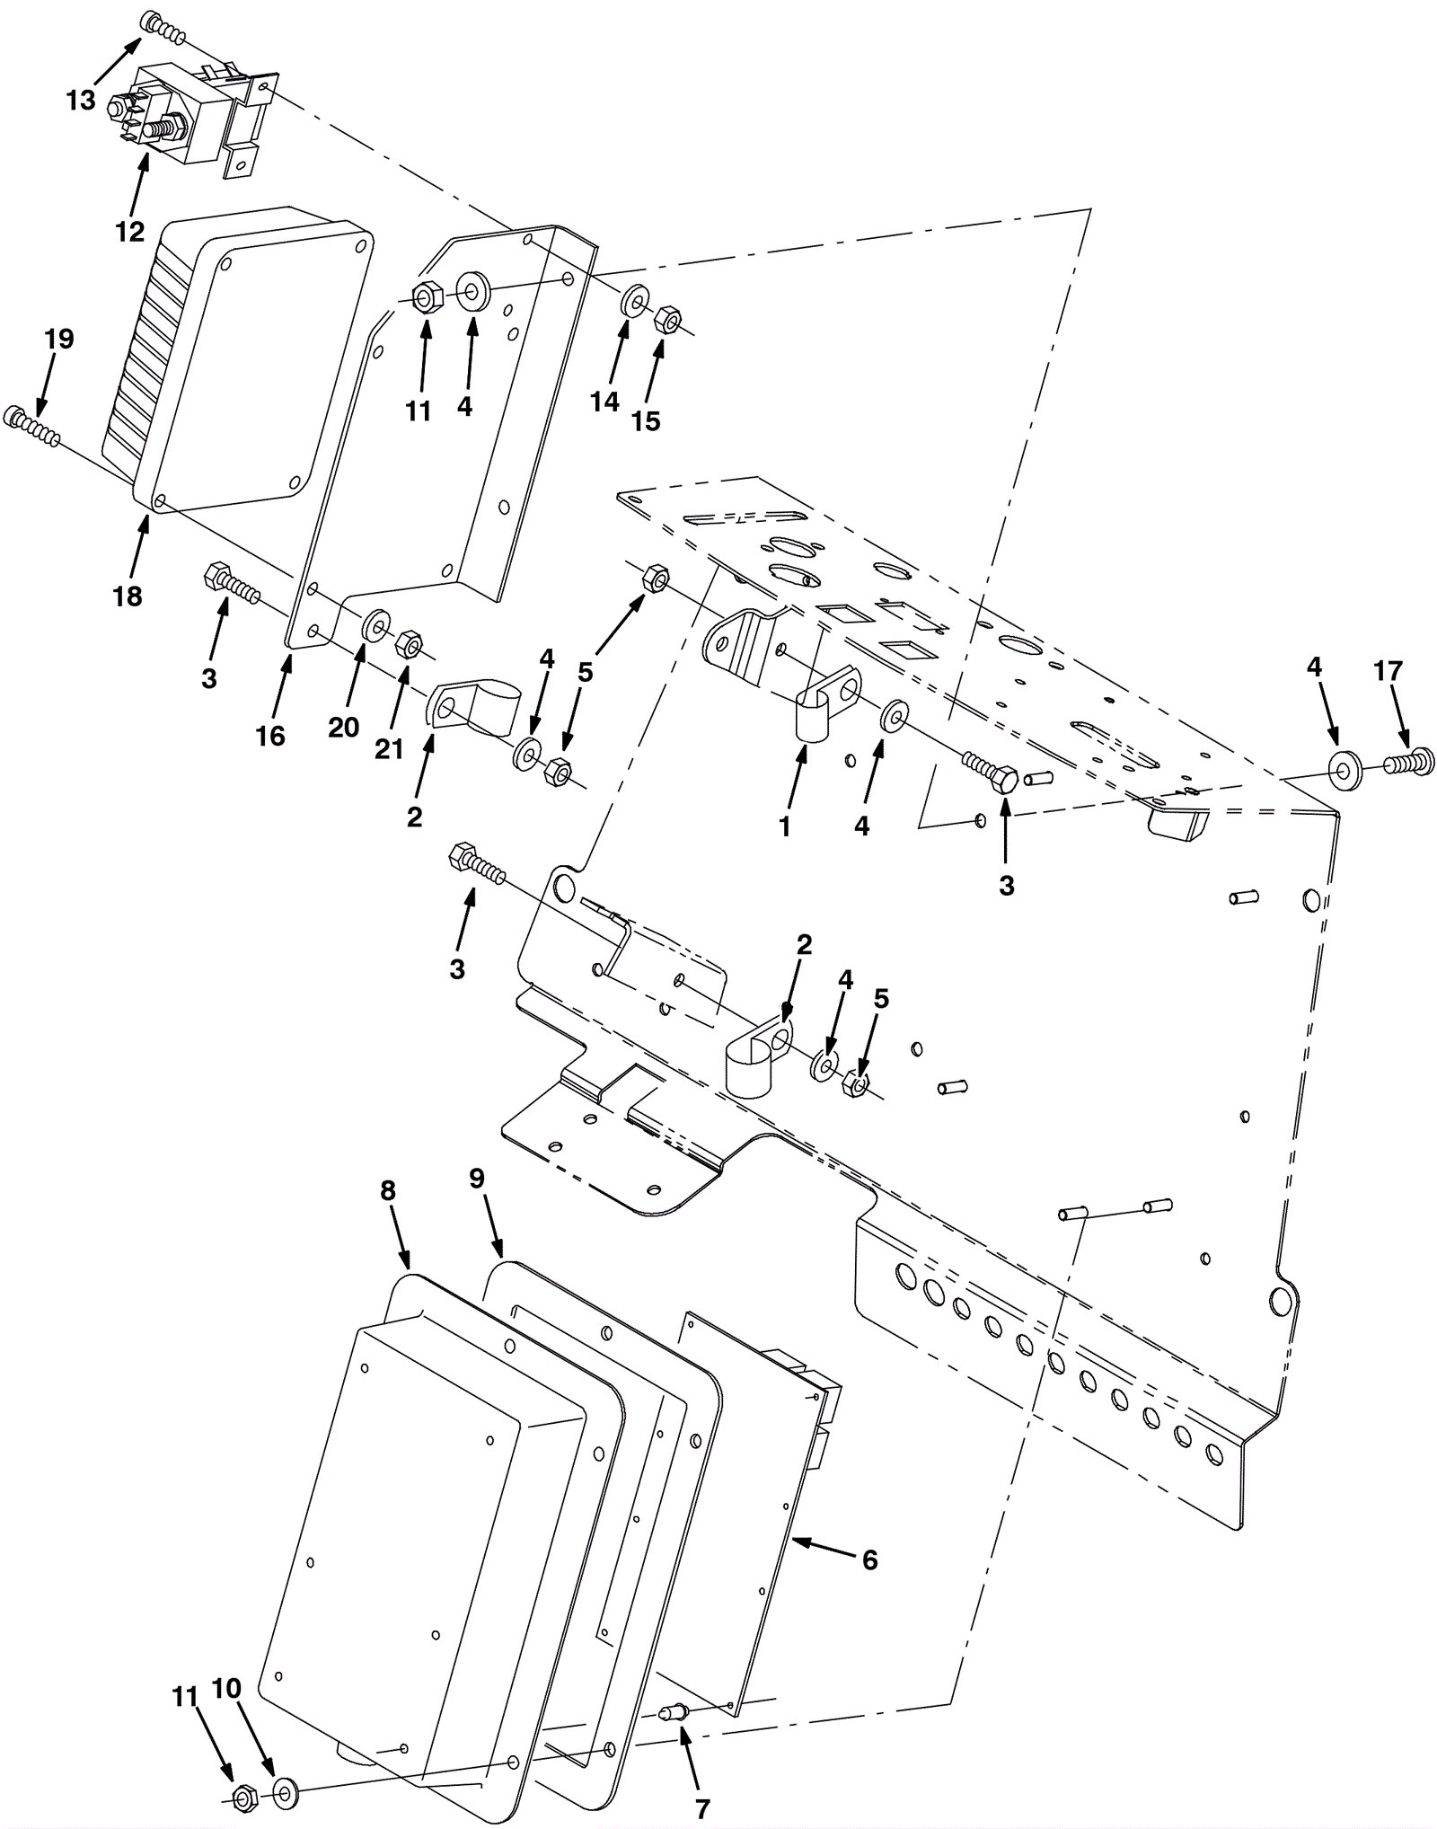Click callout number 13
[x=81, y=100]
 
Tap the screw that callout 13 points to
[x=164, y=30]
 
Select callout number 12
[x=129, y=232]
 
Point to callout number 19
[x=59, y=339]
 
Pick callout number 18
[x=128, y=596]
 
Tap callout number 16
[x=270, y=736]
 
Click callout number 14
[x=604, y=402]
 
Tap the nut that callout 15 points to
[x=667, y=318]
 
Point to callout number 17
[x=1388, y=670]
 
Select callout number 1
[x=784, y=826]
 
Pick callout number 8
[x=387, y=1191]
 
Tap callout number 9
[x=477, y=1179]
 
